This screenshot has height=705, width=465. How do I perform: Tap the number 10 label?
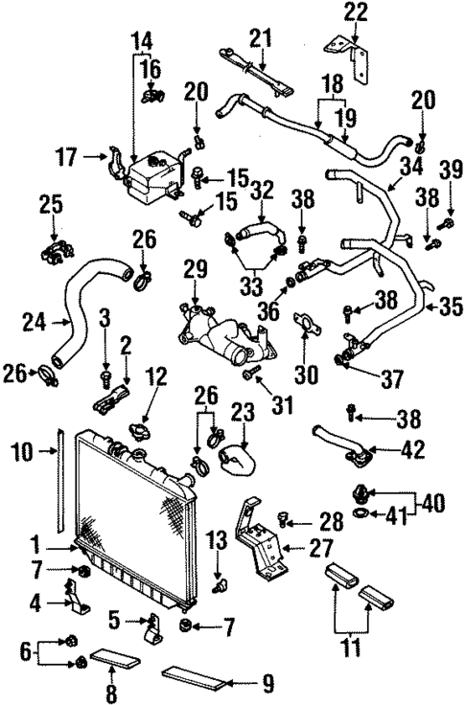pyautogui.click(x=24, y=449)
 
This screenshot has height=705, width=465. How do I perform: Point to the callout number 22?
pyautogui.click(x=356, y=12)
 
